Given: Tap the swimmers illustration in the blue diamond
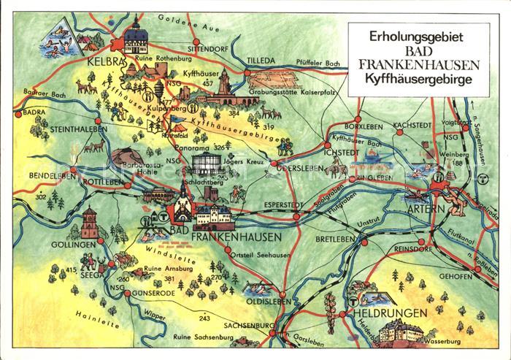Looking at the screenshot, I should tap(58, 37).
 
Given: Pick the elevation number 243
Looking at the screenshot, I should tap(204, 318).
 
